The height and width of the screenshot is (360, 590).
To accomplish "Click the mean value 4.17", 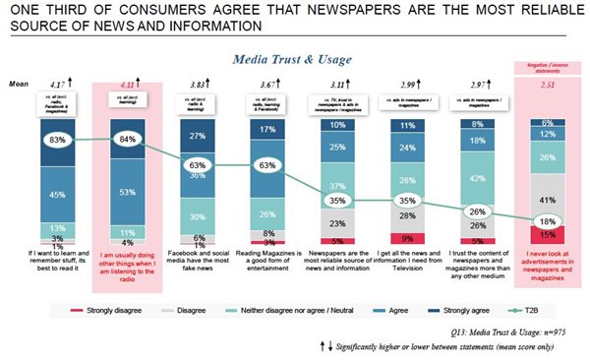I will tap(58, 85).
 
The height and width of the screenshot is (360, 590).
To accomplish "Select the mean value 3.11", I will tap(338, 86).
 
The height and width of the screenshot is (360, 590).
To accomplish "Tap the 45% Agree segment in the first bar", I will tap(57, 194).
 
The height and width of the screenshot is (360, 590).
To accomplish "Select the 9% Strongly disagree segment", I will tap(408, 237).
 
